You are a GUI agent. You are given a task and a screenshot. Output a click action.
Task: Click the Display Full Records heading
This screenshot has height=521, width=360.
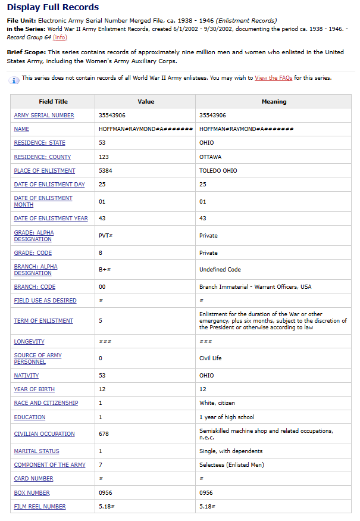click(53, 7)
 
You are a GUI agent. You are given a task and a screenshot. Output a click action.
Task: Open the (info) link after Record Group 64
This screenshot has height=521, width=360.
click(60, 37)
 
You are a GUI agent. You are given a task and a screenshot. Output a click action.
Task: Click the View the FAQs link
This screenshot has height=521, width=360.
click(273, 78)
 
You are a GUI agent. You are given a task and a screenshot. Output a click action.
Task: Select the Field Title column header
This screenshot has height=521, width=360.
click(53, 102)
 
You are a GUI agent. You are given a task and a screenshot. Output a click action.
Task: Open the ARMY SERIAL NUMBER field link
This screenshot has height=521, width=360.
click(44, 116)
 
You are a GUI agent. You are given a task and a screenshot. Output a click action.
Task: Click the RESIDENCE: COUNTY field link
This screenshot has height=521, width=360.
click(42, 157)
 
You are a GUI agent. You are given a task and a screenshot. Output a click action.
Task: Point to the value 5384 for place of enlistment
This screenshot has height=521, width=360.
click(105, 171)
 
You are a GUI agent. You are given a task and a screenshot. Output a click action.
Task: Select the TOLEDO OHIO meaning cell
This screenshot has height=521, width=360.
click(218, 171)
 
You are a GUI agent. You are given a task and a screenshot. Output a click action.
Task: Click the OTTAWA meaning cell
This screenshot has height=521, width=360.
click(210, 157)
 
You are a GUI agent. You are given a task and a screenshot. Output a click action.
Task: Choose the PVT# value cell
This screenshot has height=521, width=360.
click(106, 236)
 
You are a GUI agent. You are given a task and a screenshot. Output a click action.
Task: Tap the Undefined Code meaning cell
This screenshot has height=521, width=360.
click(220, 270)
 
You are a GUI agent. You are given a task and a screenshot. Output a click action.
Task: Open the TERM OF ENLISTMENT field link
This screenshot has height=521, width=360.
click(43, 321)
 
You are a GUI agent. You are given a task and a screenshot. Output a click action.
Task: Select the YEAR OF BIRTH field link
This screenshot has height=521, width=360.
click(34, 389)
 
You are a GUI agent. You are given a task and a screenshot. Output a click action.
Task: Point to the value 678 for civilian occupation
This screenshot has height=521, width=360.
click(104, 434)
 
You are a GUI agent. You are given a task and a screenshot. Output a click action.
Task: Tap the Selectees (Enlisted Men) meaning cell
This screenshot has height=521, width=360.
click(231, 465)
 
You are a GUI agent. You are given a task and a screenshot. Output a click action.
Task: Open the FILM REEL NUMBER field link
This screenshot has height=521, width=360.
click(40, 507)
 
